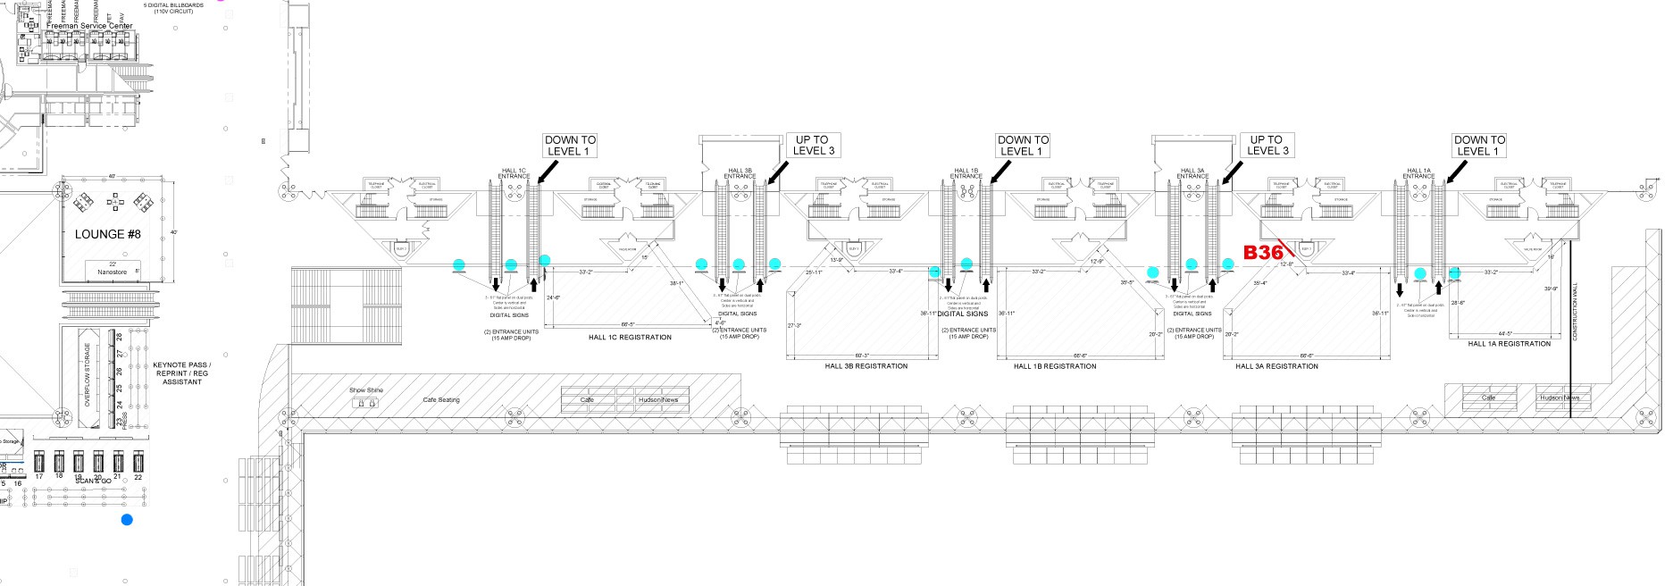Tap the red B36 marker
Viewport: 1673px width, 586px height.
(1263, 253)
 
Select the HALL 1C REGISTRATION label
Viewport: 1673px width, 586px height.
(630, 338)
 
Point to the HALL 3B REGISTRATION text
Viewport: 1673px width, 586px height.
(866, 366)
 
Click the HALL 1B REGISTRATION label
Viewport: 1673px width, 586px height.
(1054, 366)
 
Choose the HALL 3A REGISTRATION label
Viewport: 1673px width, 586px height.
(1276, 366)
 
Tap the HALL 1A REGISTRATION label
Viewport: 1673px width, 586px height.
(1509, 344)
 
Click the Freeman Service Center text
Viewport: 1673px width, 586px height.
(89, 26)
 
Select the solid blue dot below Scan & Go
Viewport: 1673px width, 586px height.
(127, 520)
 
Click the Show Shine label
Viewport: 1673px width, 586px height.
(366, 390)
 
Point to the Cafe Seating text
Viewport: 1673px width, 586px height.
(441, 399)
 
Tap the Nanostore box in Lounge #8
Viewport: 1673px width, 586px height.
(113, 270)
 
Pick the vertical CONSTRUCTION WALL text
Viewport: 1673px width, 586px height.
(1575, 312)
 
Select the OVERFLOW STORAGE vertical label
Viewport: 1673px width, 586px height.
(88, 375)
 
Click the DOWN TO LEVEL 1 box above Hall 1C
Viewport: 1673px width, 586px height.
(570, 146)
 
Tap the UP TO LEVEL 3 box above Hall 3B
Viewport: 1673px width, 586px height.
(813, 146)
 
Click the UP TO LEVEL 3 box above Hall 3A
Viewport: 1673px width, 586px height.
(1266, 146)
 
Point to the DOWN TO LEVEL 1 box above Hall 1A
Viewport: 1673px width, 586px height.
(1479, 146)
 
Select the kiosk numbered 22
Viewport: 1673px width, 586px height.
(138, 463)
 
